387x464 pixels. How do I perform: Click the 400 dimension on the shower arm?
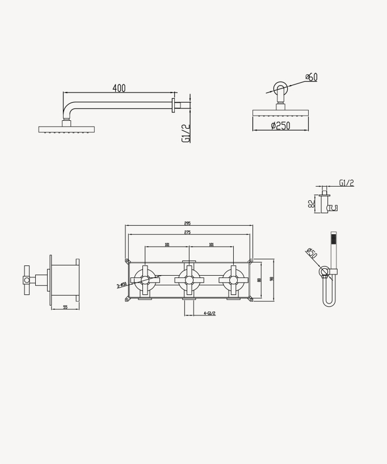[x=119, y=88]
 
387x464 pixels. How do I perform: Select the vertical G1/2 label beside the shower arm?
[x=186, y=133]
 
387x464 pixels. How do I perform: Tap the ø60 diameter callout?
[x=311, y=77]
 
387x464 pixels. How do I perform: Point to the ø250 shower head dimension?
[x=280, y=125]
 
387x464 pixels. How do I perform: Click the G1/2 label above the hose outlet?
[x=346, y=183]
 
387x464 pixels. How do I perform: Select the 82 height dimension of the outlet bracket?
[x=312, y=204]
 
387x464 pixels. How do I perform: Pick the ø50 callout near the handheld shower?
[x=311, y=253]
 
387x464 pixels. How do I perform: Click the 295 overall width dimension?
[x=187, y=223]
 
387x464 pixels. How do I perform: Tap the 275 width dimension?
[x=187, y=233]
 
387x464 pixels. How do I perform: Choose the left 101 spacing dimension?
[x=167, y=244]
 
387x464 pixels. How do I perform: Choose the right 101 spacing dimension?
[x=211, y=244]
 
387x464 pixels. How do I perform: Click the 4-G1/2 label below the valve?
[x=209, y=313]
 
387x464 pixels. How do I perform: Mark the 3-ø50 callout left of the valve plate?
[x=122, y=285]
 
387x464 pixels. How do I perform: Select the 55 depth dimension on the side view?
[x=65, y=307]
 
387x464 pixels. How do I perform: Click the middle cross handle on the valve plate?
[x=189, y=279]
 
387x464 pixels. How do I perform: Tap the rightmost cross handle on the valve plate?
[x=233, y=279]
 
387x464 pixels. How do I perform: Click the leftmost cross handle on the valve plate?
[x=145, y=279]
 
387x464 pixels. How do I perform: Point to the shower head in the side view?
[x=66, y=129]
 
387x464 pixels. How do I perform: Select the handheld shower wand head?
[x=334, y=243]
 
